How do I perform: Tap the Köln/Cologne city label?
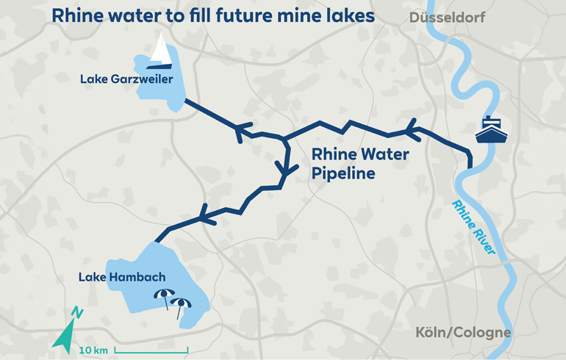[x=462, y=332]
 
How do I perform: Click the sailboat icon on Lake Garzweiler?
[x=160, y=52]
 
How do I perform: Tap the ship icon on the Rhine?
[x=490, y=130]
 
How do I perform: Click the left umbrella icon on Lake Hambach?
[x=163, y=295]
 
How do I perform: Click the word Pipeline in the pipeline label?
[x=343, y=174]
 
